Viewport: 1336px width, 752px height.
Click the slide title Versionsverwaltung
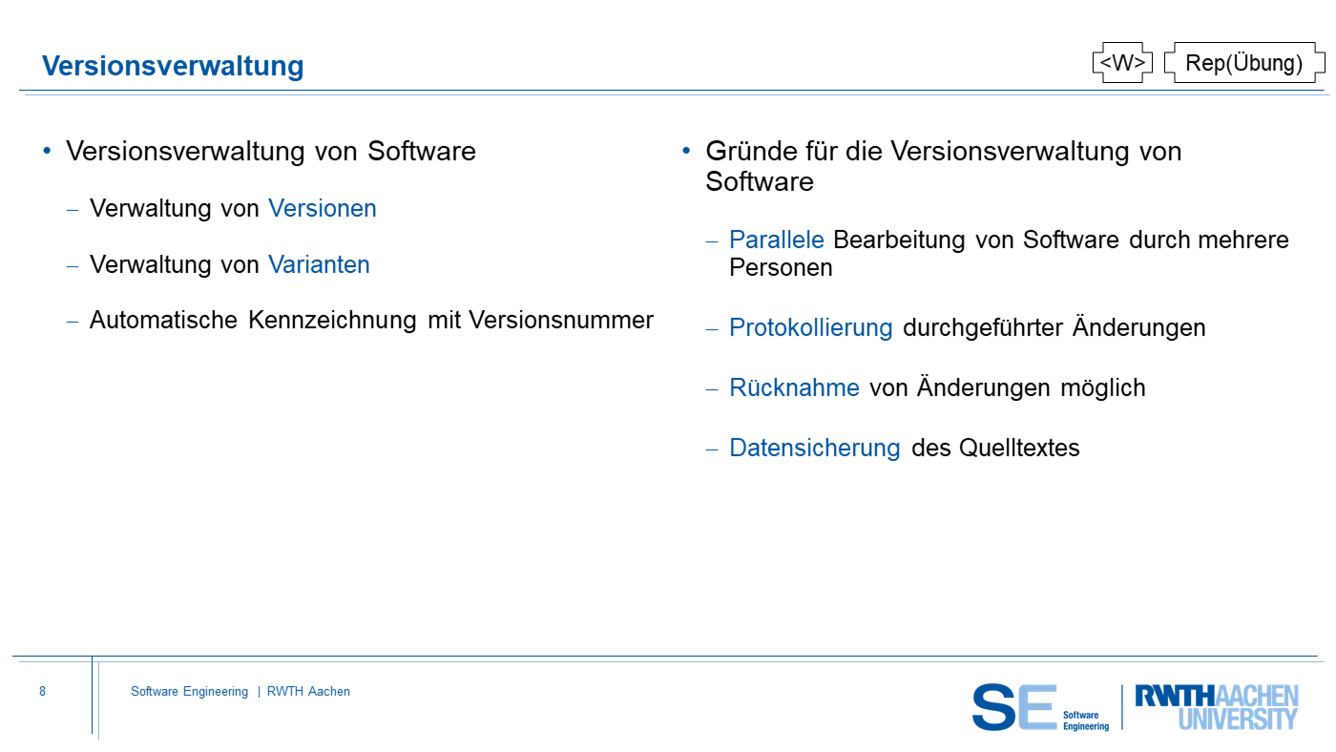(173, 66)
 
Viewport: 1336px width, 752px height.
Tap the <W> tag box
(1122, 63)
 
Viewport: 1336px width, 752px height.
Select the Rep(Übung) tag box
(1244, 63)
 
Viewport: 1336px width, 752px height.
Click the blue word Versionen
(323, 209)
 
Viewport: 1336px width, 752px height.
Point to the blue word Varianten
(319, 264)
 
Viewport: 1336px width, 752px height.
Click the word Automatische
(163, 321)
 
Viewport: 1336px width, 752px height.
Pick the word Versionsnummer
(561, 321)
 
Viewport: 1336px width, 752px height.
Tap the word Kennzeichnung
(332, 321)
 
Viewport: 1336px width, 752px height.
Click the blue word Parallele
(777, 240)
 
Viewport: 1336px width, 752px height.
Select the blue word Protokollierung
(811, 328)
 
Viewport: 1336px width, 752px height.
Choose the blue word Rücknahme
(794, 387)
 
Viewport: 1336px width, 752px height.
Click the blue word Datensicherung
(815, 448)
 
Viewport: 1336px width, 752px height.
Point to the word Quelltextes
(1019, 448)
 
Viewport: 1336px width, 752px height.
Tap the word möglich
(1103, 388)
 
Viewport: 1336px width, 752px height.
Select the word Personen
(781, 267)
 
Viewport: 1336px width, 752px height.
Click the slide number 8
(42, 691)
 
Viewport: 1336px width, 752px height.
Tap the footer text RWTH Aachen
(308, 691)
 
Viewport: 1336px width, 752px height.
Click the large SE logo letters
(1013, 707)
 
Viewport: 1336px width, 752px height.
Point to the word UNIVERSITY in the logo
(1239, 720)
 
